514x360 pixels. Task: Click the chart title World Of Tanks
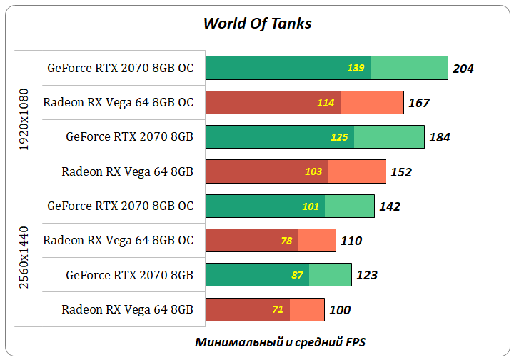257,24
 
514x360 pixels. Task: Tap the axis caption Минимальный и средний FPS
281,341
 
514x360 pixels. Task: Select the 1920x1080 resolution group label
25,119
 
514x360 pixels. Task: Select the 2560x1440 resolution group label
25,257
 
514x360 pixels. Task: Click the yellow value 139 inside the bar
356,69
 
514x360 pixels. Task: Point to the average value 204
463,69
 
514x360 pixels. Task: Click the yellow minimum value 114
326,103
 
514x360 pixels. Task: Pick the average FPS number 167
419,103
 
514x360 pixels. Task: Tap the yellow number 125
339,137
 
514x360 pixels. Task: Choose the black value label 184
440,137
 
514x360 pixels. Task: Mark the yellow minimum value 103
313,171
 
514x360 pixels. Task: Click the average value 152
402,171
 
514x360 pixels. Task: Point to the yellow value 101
311,206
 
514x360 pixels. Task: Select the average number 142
390,206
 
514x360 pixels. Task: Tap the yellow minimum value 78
286,241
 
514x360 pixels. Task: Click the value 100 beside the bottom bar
340,310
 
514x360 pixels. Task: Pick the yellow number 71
278,310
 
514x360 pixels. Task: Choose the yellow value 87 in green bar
298,275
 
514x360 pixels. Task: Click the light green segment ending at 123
330,275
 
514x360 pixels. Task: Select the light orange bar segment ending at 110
316,241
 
